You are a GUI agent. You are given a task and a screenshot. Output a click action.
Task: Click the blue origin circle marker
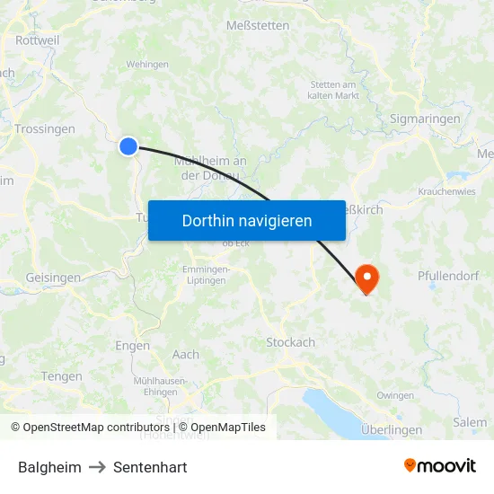coord(128,146)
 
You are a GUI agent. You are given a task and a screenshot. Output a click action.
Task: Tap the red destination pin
coord(366,277)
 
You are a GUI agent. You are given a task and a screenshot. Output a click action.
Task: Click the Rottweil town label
coord(38,40)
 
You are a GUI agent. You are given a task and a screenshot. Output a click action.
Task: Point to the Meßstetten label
coord(259,25)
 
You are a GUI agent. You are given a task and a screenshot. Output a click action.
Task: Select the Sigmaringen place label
coord(425,119)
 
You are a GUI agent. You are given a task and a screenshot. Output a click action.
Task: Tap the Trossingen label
coord(45,129)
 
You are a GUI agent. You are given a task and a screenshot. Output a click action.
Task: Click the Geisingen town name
coord(53,278)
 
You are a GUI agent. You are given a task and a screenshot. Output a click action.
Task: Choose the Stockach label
coord(291,342)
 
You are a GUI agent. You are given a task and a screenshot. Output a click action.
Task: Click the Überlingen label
coord(392,430)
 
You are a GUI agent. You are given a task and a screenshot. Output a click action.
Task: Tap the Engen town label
coord(133,346)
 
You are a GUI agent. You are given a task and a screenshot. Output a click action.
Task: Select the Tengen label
coord(62,376)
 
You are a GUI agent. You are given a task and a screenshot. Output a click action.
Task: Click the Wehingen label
coord(147,65)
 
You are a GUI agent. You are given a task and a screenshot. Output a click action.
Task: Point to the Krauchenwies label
coord(447,192)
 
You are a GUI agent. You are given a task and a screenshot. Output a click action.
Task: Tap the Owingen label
coord(395,395)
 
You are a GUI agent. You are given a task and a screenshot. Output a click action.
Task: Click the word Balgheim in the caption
coord(49,467)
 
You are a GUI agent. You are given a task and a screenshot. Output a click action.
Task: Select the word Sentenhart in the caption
coord(150,467)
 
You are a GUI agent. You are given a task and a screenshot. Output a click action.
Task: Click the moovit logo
coord(439,465)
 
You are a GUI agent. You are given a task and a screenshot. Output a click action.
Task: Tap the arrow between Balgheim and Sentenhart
coord(97,467)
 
